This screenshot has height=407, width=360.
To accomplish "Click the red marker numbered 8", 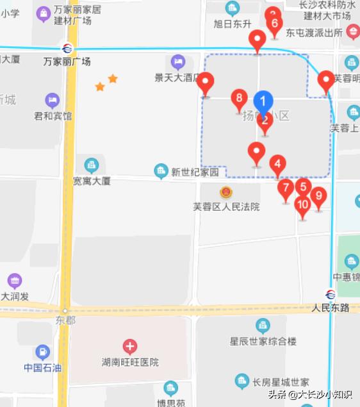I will click(x=239, y=99).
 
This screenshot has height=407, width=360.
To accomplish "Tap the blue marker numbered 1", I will click(x=263, y=101).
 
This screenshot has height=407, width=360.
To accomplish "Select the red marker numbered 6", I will click(x=274, y=24).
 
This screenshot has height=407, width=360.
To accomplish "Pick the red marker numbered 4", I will click(x=277, y=165).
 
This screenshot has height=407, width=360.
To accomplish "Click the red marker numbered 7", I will click(x=286, y=188).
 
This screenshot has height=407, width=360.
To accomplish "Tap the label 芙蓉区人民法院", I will click(x=226, y=207).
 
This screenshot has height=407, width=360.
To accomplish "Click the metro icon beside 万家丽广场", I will click(x=67, y=49).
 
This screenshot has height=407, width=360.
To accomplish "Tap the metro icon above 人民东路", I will click(x=331, y=295).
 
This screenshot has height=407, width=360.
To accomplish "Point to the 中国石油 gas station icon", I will click(x=42, y=351).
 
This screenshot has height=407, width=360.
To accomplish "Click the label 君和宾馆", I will click(x=53, y=116).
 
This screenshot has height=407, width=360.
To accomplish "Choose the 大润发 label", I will click(x=15, y=297).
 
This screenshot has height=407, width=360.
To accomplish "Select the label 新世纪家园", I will click(x=195, y=172).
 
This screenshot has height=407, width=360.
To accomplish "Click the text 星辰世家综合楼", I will click(x=263, y=341).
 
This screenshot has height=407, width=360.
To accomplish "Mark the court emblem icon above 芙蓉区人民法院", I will click(x=225, y=192).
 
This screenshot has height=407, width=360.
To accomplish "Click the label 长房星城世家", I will click(x=281, y=383).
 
